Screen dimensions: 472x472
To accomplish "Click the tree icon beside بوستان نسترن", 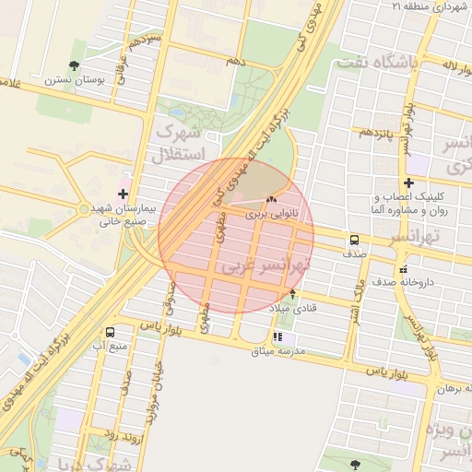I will pos(73,65).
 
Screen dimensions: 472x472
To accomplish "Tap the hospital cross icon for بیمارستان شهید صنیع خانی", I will pos(124,193).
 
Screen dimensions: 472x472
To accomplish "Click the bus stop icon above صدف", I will pos(354,239).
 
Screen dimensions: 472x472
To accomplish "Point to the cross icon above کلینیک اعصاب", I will pos(408,183).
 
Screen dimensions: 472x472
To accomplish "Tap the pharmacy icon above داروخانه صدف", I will pos(403,269).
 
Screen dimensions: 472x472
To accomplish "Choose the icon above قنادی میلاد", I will pos(293,294).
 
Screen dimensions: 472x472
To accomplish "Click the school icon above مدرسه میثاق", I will pos(277,337).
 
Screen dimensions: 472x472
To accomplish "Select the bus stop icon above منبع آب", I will pos(111,332).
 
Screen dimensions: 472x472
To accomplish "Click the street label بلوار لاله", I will pos(437,66).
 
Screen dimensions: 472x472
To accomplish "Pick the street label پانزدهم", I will pos(377,132).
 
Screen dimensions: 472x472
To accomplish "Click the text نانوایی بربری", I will pos(273,213).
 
